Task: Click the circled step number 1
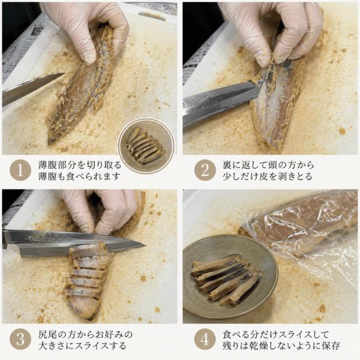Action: coord(20,170)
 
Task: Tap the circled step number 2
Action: coord(205,170)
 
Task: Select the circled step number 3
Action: coord(20,340)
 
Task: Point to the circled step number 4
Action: coord(205,340)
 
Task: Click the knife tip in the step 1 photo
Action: coord(65,73)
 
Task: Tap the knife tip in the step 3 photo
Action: coord(145,245)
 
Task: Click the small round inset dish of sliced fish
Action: coord(146,146)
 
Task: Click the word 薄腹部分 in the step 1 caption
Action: coord(57,165)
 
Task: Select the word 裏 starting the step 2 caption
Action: coord(227,165)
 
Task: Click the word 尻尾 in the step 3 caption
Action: coord(47,334)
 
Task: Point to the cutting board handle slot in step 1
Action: coord(152,16)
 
